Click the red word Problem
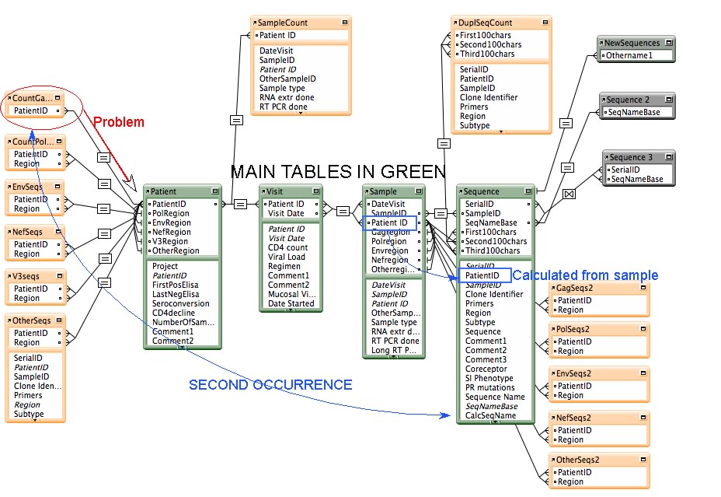pos(119,122)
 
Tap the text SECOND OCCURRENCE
pos(270,385)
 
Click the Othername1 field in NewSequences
pos(629,56)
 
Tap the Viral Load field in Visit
pos(287,257)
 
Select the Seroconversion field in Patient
pos(181,304)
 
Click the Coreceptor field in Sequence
pos(486,369)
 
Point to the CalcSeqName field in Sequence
pos(490,415)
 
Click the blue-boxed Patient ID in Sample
pos(389,223)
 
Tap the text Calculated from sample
pos(585,275)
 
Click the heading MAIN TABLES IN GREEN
pos(338,172)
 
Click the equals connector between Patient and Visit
pos(240,205)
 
